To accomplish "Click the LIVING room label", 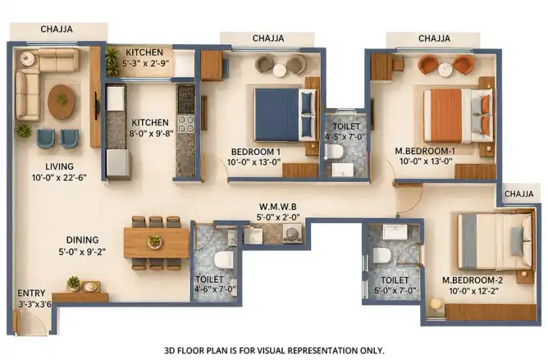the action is tap(59, 166).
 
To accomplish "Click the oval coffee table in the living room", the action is tap(62, 102).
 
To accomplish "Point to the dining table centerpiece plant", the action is tap(154, 241).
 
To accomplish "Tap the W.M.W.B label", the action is tap(278, 207).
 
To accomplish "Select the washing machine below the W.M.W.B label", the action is tap(292, 233).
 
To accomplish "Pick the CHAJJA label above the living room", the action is tap(57, 29).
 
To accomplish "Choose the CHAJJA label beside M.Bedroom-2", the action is tap(519, 194).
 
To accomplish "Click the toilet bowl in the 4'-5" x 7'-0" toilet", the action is tap(334, 152).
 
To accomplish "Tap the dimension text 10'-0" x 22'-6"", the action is tap(59, 178).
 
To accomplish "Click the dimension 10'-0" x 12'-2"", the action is tap(470, 290).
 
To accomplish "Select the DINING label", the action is tap(83, 239).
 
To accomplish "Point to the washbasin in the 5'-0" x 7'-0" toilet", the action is tap(395, 232).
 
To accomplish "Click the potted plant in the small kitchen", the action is tap(112, 62).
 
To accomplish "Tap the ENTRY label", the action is tap(31, 293).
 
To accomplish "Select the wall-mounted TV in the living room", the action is tap(97, 105).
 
